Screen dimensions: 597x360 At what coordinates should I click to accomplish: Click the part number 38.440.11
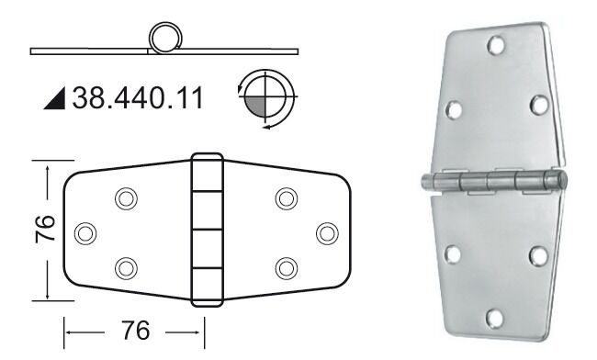138,98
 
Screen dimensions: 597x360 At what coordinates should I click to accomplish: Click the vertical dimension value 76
45,230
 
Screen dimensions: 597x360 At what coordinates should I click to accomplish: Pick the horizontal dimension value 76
136,331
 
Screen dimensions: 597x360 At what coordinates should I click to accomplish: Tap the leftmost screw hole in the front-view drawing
85,233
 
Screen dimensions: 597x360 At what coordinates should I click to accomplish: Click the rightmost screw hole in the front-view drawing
327,233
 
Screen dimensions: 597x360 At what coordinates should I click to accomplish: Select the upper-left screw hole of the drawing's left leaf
126,198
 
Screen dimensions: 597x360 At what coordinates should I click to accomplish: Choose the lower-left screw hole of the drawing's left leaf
126,268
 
